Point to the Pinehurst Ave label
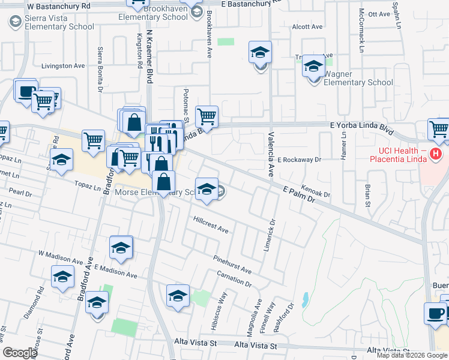[x=232, y=264]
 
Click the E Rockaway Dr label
[x=300, y=160]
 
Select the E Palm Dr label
[x=299, y=194]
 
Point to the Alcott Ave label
[x=307, y=27]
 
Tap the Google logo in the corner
[x=20, y=352]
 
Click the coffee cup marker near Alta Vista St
[x=435, y=313]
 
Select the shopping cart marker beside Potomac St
[x=206, y=115]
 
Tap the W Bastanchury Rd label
[x=59, y=5]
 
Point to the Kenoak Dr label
[x=316, y=191]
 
